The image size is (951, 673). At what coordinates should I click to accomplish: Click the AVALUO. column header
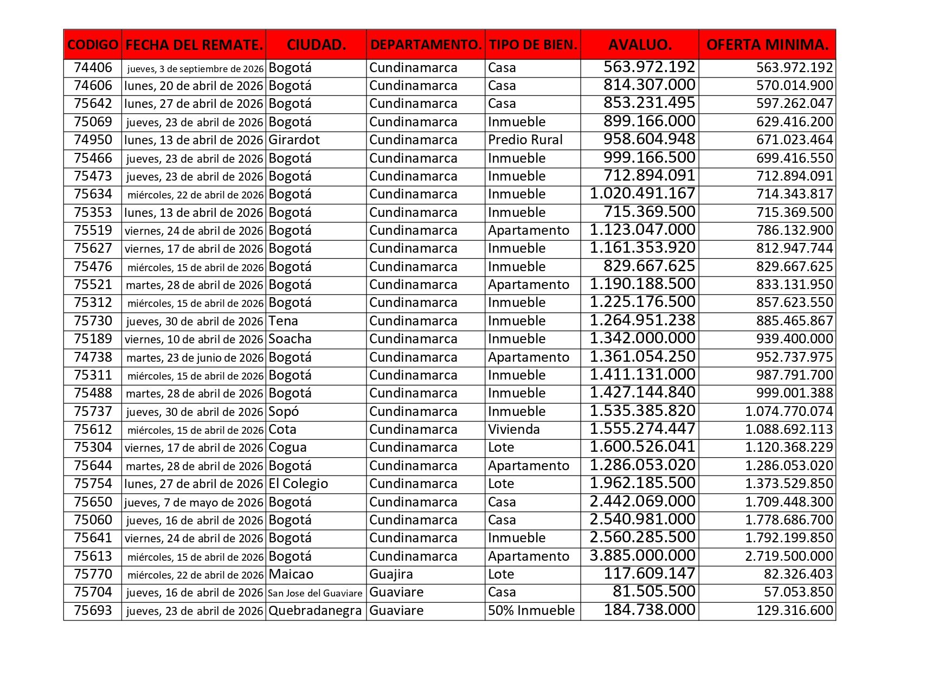pos(639,44)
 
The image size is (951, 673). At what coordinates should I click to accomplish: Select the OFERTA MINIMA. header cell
pos(767,44)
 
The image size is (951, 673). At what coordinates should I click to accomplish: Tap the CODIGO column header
pos(93,44)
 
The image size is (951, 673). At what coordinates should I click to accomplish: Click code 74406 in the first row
pos(93,68)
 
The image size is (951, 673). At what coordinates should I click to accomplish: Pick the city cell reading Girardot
pos(294,140)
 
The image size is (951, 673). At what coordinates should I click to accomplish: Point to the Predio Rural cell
pos(525,140)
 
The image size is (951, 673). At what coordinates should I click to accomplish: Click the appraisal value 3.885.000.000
pos(642,556)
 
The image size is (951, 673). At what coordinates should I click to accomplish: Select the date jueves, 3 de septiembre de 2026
pos(195,69)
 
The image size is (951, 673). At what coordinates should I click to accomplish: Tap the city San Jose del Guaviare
pos(315,593)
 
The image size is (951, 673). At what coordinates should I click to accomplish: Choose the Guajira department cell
pos(391,574)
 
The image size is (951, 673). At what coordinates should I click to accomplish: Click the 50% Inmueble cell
pos(531,611)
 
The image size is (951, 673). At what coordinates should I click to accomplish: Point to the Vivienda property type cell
pos(513,430)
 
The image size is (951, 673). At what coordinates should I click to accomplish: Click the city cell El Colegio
pos(298,484)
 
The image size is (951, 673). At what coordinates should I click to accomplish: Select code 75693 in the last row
pos(93,611)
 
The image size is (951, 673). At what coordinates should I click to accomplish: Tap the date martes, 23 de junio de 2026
pos(195,358)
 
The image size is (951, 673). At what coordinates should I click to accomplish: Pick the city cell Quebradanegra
pos(314,611)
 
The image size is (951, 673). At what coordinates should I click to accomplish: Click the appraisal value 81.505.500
pos(653,592)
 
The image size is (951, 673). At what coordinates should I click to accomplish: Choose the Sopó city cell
pos(284,412)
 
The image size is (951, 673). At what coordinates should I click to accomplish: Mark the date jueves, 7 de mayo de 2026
pos(194,502)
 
